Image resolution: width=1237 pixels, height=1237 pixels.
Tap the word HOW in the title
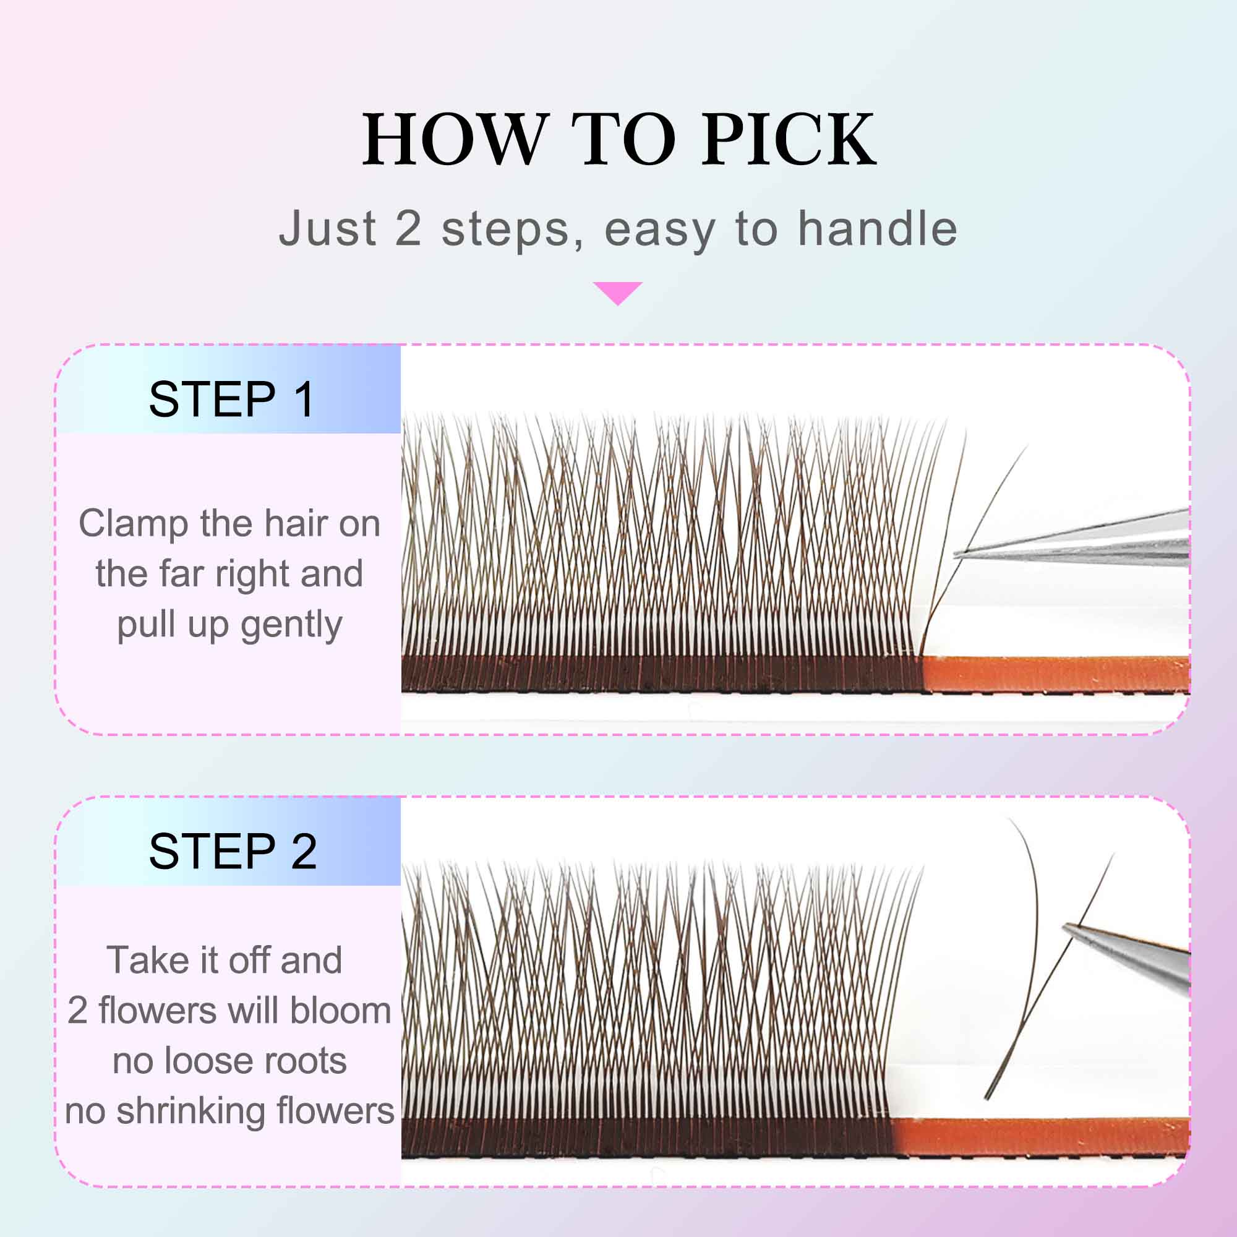click(x=456, y=139)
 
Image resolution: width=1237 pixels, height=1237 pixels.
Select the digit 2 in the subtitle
click(x=408, y=229)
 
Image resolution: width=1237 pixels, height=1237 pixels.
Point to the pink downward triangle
click(x=618, y=292)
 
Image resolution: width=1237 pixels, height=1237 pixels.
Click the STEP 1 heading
click(x=232, y=400)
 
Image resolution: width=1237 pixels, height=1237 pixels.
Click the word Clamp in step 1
click(x=132, y=524)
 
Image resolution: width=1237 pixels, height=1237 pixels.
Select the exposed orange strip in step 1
click(x=1056, y=674)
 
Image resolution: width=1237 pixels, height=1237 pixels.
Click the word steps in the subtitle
click(x=505, y=229)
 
